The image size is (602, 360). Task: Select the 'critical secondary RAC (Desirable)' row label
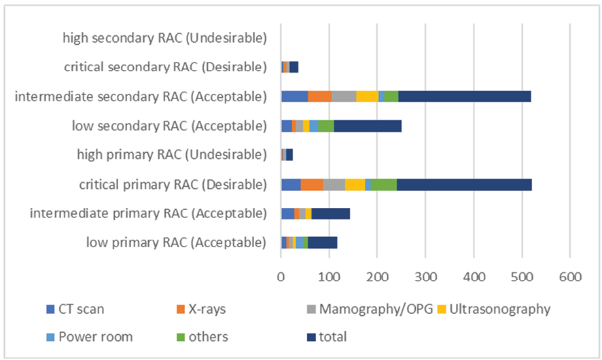point(165,67)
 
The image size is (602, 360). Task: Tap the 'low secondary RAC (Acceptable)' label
point(169,125)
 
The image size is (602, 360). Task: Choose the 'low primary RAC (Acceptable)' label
point(175,242)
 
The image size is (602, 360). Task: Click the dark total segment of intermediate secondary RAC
point(464,96)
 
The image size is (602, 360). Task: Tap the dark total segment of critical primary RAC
point(464,184)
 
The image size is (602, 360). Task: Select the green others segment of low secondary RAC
point(326,126)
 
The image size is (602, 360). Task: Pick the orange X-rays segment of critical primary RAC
point(312,184)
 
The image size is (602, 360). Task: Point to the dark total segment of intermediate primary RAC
point(331,213)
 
